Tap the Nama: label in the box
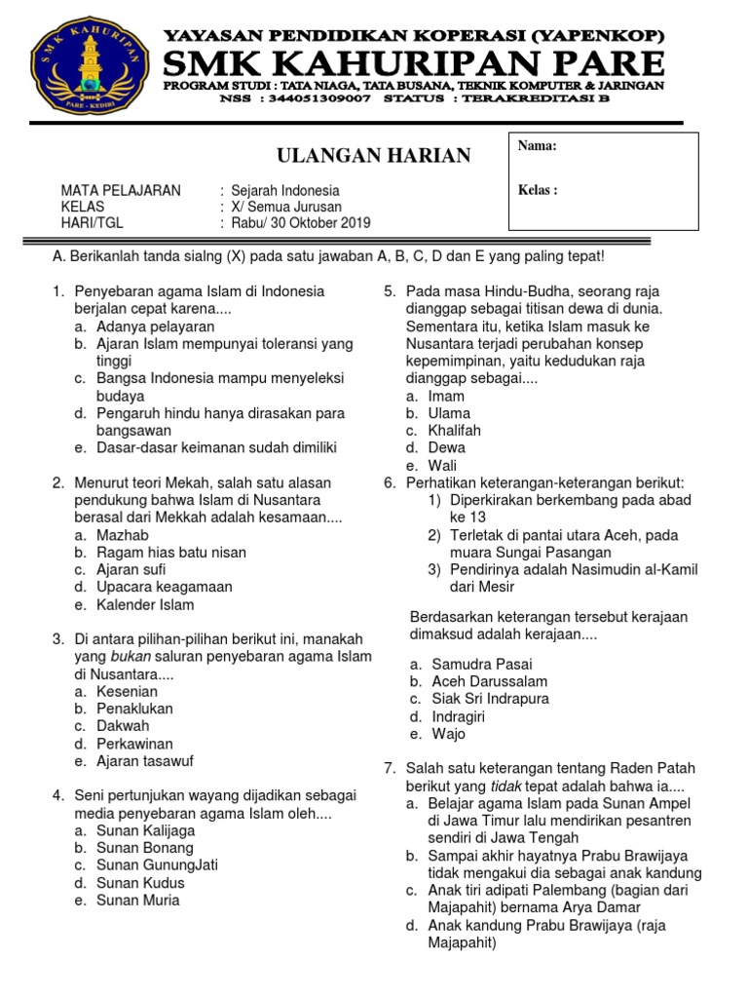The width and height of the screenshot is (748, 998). click(537, 146)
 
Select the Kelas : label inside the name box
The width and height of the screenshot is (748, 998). click(538, 190)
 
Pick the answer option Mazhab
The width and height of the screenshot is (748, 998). click(123, 535)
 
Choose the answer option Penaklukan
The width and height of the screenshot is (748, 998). click(134, 709)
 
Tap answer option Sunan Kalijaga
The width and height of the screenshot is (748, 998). click(145, 831)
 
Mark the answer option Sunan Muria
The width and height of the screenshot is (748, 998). click(138, 901)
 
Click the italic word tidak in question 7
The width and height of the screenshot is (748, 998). click(503, 786)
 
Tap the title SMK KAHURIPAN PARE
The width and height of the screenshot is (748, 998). click(414, 64)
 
